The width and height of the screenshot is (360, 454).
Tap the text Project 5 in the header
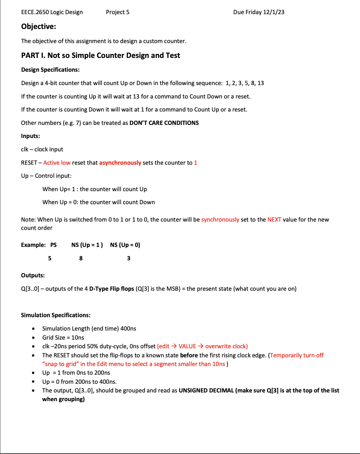[x=118, y=12]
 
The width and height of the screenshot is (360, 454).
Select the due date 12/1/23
[x=273, y=12]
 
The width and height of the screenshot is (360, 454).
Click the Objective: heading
[x=38, y=26]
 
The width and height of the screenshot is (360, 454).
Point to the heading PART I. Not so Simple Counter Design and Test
[x=100, y=55]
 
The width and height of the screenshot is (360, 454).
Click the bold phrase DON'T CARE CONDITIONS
[x=164, y=123]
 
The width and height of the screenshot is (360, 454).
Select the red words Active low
[x=57, y=163]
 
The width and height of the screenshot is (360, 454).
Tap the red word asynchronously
[x=120, y=163]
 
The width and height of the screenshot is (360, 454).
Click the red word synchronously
[x=220, y=219]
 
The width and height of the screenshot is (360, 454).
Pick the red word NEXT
[x=274, y=219]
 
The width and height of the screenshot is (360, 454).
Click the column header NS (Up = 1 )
[x=87, y=245]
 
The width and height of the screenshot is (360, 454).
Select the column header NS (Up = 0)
[x=125, y=245]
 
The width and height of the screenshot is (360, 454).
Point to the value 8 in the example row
[x=81, y=258]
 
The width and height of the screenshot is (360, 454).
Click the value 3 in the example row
[x=129, y=258]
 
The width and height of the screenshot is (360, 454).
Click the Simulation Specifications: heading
[x=56, y=315]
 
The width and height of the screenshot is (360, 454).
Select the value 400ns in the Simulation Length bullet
[x=128, y=328]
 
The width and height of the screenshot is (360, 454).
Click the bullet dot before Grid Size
[x=33, y=337]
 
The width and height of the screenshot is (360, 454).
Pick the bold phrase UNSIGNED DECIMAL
[x=206, y=390]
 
